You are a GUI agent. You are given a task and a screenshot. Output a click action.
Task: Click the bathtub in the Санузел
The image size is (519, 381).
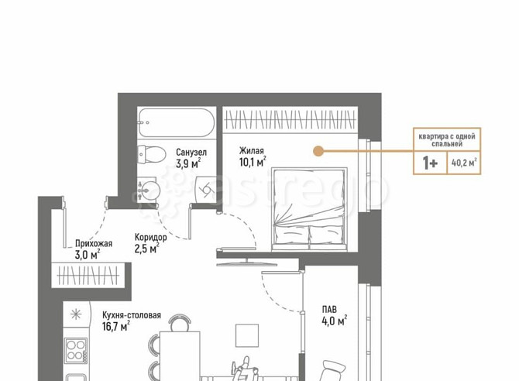tap(177, 123)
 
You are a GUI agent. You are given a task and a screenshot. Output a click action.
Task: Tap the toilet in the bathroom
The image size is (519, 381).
tap(152, 154)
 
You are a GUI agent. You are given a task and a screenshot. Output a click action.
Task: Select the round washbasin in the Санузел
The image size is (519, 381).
tap(149, 190)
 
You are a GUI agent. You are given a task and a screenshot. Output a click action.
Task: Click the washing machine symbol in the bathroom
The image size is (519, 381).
tap(205, 190)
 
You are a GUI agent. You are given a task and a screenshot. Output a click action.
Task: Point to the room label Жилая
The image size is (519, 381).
tap(252, 151)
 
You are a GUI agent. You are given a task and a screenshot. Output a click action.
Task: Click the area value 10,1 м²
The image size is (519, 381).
tap(253, 162)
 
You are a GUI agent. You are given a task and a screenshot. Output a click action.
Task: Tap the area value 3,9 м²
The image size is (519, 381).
tap(188, 163)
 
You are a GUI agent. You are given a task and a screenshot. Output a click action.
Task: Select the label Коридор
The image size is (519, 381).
tap(151, 237)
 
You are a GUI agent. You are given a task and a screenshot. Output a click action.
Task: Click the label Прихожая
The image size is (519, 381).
tap(94, 244)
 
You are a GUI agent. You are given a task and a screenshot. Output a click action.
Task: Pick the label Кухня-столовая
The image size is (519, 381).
tap(132, 315)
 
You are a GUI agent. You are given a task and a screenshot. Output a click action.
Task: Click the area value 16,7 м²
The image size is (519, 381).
tap(116, 326)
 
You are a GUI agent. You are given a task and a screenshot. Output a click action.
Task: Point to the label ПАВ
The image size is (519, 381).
tap(329, 310)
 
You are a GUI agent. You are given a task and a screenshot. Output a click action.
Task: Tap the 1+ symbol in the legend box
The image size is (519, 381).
tap(430, 163)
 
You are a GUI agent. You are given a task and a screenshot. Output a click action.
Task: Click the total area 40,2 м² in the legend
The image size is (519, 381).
tap(464, 163)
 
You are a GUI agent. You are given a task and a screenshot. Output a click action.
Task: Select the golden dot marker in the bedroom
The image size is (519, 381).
tap(318, 151)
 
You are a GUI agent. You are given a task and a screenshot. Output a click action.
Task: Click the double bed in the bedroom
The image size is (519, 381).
tap(309, 209)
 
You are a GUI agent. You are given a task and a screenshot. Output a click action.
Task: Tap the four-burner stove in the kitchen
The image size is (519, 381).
tap(76, 351)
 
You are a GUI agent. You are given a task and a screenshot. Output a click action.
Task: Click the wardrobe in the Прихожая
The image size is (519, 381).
tap(88, 276)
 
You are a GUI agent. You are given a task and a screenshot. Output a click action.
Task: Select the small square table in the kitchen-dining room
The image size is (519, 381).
tap(247, 335)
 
